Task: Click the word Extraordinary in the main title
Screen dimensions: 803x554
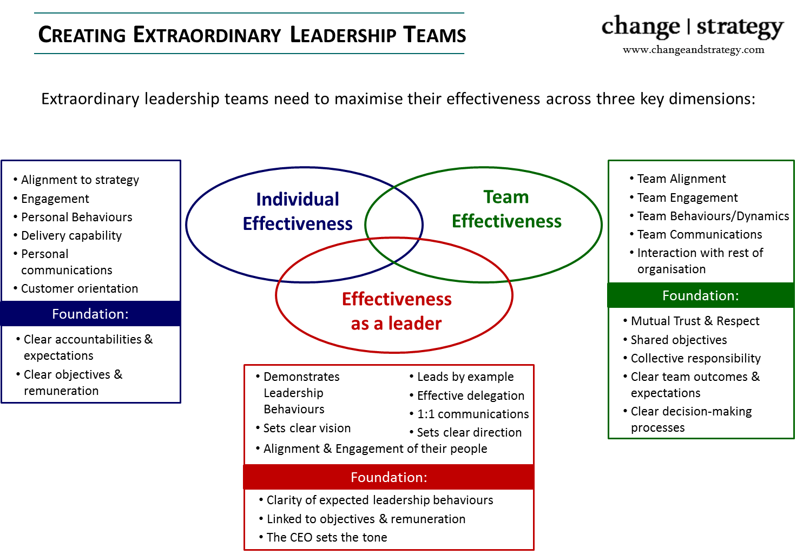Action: click(x=207, y=35)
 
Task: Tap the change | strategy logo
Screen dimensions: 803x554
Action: click(x=692, y=27)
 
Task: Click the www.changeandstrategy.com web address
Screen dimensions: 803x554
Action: click(x=693, y=49)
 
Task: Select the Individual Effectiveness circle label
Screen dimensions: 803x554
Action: click(x=298, y=211)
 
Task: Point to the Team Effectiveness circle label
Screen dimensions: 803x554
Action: click(x=506, y=209)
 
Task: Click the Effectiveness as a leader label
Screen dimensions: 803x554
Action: click(x=397, y=311)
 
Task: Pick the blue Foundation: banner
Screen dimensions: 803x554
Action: click(x=90, y=314)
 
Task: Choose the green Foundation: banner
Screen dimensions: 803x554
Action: click(x=701, y=295)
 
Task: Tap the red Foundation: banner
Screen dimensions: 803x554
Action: click(x=389, y=477)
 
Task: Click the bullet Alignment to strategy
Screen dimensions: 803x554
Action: click(x=76, y=180)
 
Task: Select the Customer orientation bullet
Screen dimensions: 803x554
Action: click(x=76, y=288)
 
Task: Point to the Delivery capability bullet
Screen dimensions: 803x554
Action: click(x=68, y=235)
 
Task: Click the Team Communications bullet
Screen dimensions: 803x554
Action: click(x=696, y=234)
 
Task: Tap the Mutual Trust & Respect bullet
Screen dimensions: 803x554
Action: click(x=691, y=321)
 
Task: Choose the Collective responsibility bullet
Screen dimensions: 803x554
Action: click(x=692, y=358)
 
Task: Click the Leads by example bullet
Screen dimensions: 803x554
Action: click(x=462, y=377)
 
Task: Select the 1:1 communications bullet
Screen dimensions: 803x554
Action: click(x=469, y=414)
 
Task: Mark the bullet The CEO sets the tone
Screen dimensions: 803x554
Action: click(x=323, y=537)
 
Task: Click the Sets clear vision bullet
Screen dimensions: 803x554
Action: click(x=303, y=428)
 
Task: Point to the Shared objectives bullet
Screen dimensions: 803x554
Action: click(x=675, y=340)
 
